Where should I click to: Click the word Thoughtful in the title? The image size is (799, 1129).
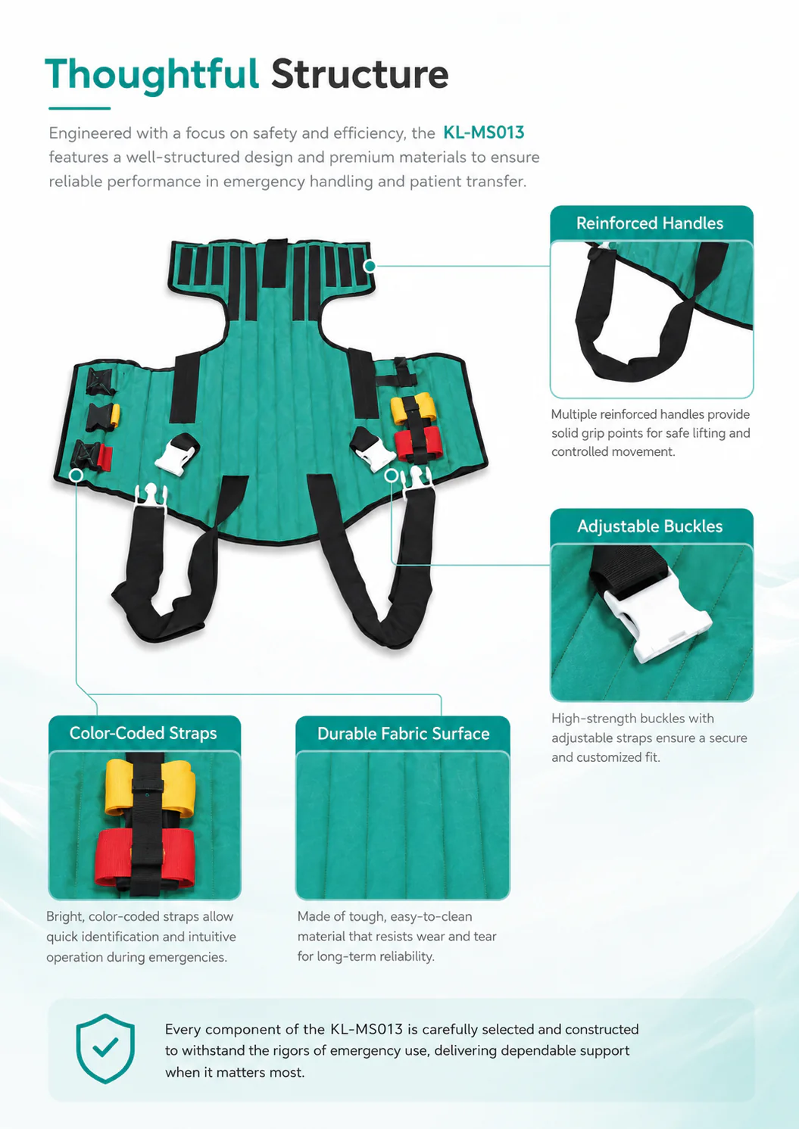pyautogui.click(x=151, y=75)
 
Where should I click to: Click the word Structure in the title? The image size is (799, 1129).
pyautogui.click(x=360, y=75)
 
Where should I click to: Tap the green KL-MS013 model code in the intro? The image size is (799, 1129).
pyautogui.click(x=484, y=133)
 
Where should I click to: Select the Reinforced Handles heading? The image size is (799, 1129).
pyautogui.click(x=650, y=223)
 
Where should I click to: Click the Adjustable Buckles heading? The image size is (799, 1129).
pyautogui.click(x=650, y=526)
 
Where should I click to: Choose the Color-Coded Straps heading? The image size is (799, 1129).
pyautogui.click(x=143, y=733)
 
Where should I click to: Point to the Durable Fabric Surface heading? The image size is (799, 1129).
pyautogui.click(x=403, y=734)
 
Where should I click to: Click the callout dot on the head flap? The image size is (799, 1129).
pyautogui.click(x=370, y=266)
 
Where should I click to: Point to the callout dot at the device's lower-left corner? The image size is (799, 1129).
pyautogui.click(x=76, y=476)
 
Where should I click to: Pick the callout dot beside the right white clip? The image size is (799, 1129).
pyautogui.click(x=392, y=475)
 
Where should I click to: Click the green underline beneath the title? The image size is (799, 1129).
pyautogui.click(x=80, y=108)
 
